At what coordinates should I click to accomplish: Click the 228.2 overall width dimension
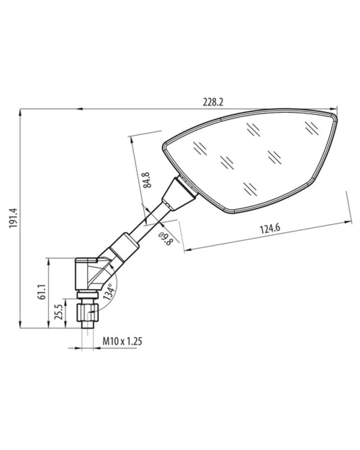213,103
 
